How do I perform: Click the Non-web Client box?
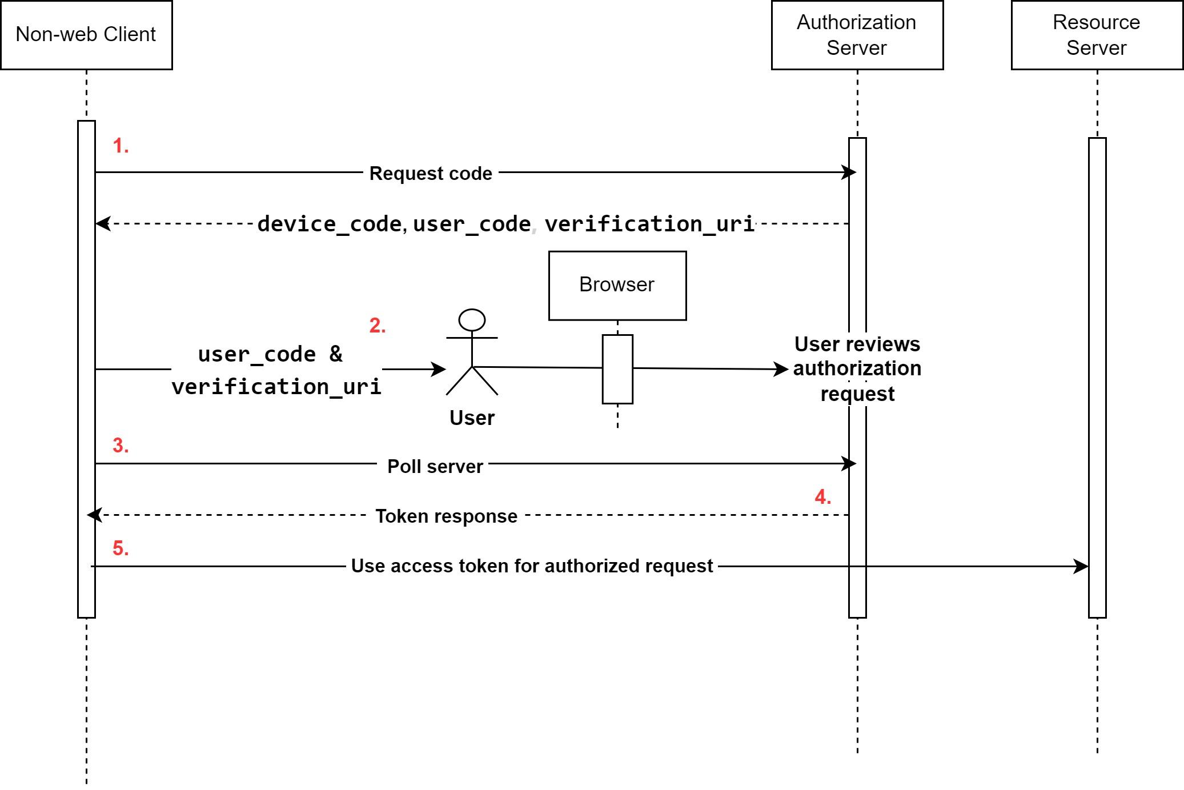click(86, 35)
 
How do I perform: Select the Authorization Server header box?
click(857, 35)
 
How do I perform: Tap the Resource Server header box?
click(1097, 35)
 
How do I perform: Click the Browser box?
click(617, 285)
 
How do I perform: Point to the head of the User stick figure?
click(472, 320)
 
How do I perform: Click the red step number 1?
click(121, 146)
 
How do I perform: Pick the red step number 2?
click(378, 326)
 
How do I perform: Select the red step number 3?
click(121, 446)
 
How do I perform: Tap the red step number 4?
click(822, 497)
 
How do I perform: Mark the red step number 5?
click(121, 548)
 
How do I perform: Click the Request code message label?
click(431, 173)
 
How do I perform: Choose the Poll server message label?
click(435, 467)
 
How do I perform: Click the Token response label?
click(446, 516)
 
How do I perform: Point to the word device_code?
click(330, 224)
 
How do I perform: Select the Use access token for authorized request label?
click(532, 566)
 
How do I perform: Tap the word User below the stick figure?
click(472, 418)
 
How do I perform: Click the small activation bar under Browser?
click(617, 369)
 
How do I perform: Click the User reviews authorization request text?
click(857, 369)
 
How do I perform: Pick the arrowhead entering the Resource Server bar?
click(1082, 567)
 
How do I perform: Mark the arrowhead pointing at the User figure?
click(439, 370)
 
